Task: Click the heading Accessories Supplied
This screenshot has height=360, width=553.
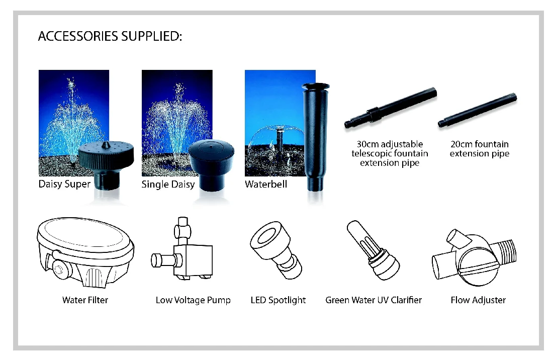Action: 110,36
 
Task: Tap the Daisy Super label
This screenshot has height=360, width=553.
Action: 64,184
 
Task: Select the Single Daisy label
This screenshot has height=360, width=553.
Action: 168,185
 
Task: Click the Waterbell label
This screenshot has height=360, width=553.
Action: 266,184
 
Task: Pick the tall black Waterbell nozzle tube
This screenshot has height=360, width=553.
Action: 315,137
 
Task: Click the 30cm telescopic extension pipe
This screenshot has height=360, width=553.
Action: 391,108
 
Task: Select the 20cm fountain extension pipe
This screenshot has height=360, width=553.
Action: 478,110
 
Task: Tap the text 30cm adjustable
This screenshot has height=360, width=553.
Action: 390,144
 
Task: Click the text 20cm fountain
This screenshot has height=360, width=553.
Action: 479,144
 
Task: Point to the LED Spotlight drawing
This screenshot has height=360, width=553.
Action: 276,250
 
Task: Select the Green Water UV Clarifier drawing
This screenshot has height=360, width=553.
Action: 373,250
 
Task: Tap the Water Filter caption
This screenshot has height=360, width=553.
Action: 85,300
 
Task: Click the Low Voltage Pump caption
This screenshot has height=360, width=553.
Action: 193,300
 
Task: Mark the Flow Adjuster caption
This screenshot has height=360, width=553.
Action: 478,300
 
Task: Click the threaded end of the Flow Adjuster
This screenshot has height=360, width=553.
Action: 506,251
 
